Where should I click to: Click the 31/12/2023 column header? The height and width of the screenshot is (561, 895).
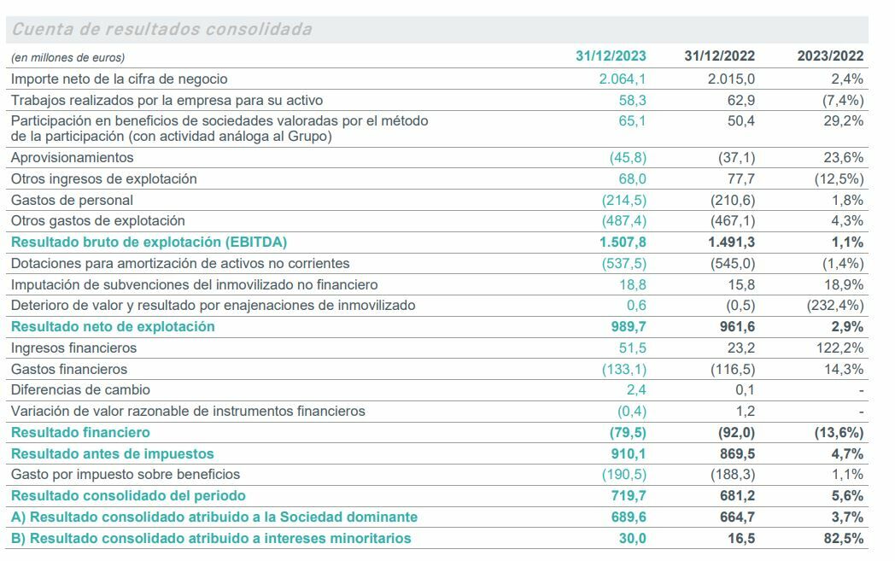(x=611, y=56)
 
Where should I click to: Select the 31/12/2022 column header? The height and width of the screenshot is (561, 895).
(x=719, y=56)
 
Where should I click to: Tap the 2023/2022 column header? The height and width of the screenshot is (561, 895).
(x=830, y=56)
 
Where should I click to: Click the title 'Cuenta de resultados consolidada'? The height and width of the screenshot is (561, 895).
(x=161, y=30)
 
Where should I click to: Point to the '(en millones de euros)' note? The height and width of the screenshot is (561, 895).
(x=67, y=57)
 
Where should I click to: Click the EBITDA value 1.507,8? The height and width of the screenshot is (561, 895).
(x=623, y=242)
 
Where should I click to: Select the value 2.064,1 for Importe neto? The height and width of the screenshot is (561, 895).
(x=623, y=79)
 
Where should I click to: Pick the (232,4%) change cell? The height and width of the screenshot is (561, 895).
(x=834, y=305)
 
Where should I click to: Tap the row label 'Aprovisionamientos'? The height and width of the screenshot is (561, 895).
(x=73, y=158)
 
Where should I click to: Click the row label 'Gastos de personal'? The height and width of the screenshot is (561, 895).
(x=72, y=200)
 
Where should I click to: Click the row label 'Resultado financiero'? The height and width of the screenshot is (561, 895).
(x=80, y=432)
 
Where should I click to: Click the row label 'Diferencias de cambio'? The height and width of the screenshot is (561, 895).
(x=80, y=389)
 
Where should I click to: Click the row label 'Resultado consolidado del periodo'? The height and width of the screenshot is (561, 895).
(x=128, y=495)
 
